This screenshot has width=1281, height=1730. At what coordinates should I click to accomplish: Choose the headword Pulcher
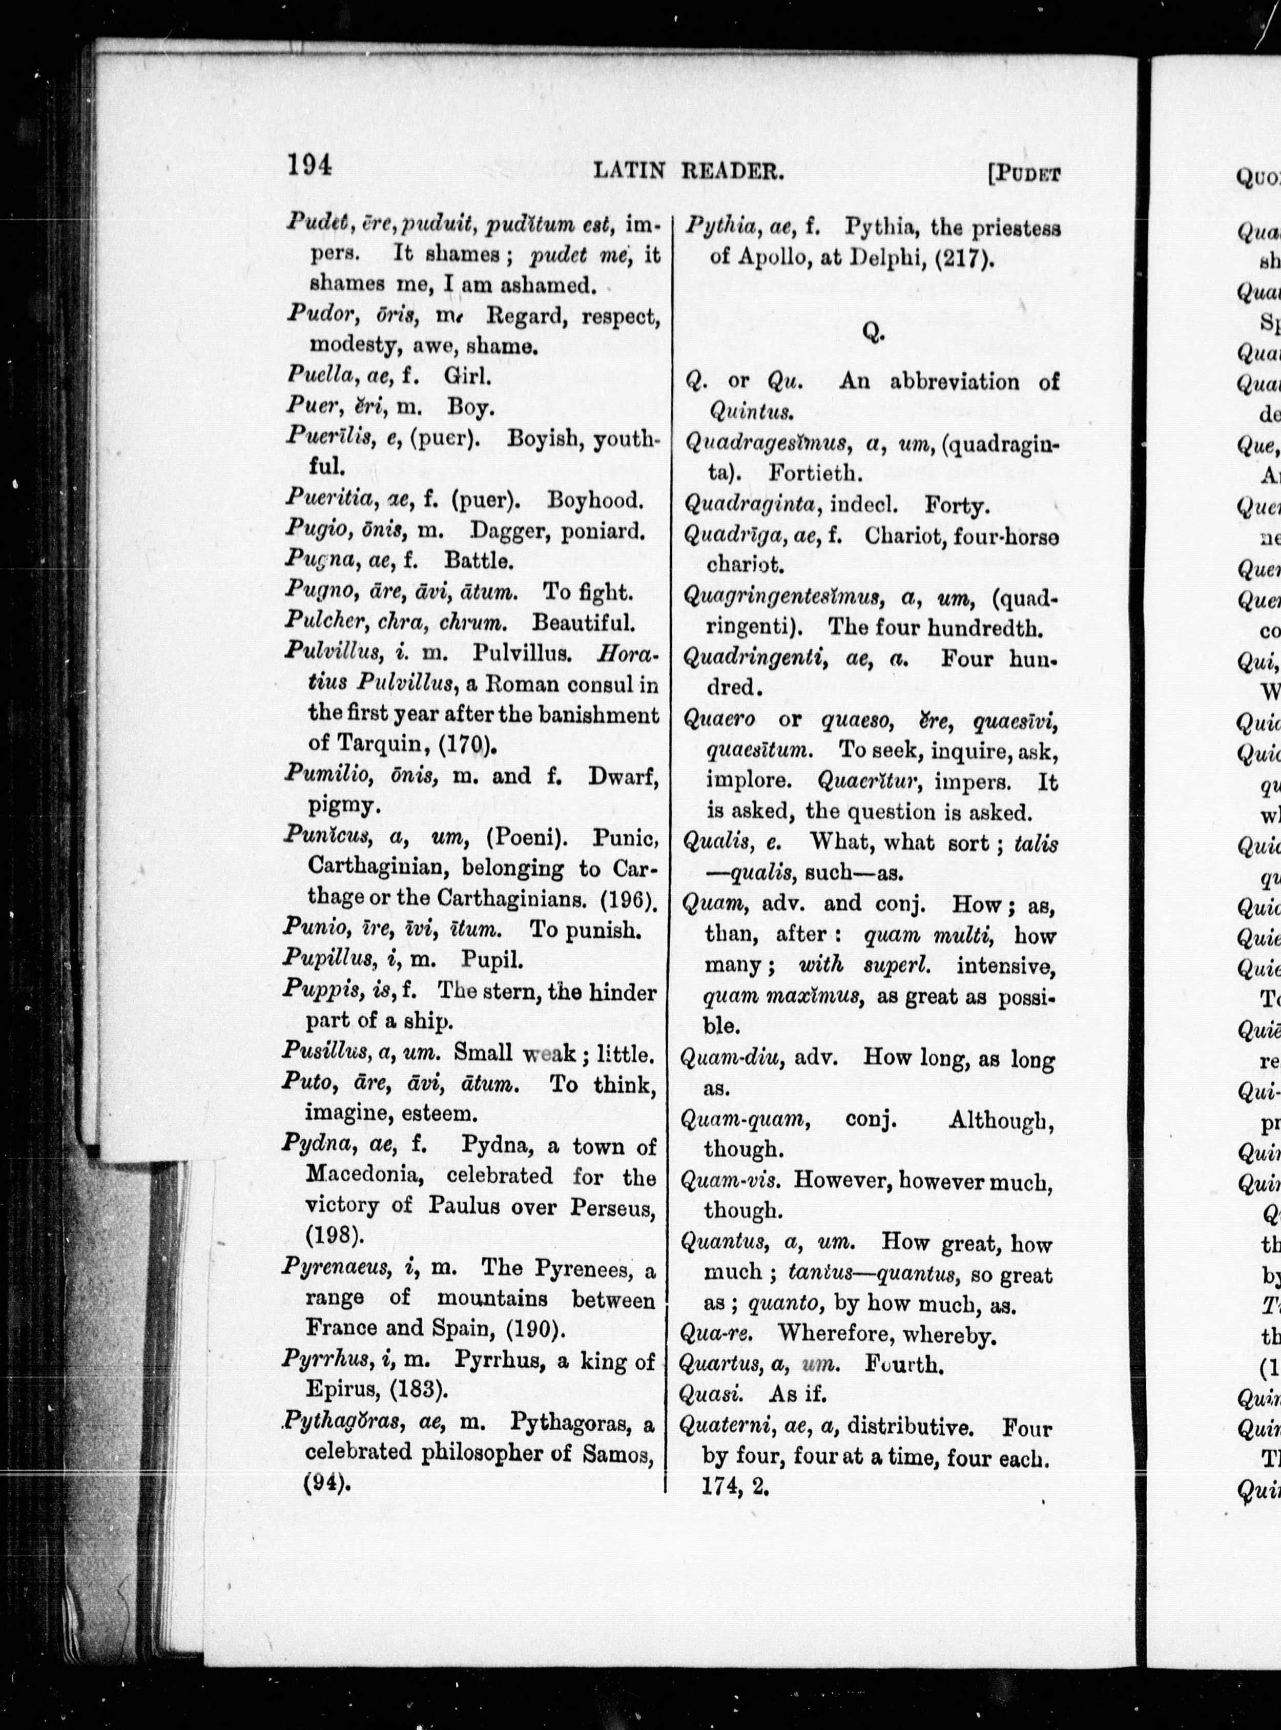(x=316, y=622)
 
